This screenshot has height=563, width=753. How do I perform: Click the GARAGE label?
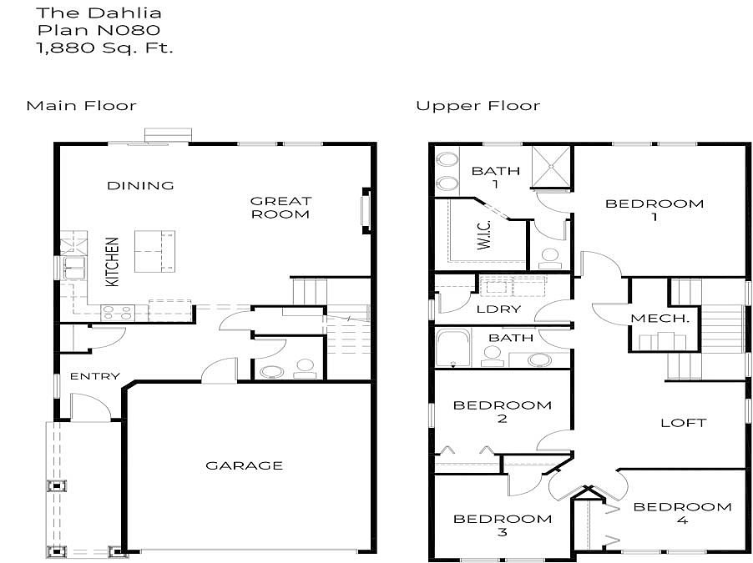click(x=244, y=465)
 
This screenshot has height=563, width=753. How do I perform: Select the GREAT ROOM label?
click(x=281, y=208)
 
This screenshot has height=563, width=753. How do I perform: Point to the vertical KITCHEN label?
click(x=112, y=262)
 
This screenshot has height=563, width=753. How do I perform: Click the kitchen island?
click(x=154, y=252)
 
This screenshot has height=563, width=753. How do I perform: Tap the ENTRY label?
click(x=94, y=376)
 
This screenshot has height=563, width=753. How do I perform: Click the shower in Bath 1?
click(x=551, y=167)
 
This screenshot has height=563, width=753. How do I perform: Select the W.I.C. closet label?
click(x=484, y=234)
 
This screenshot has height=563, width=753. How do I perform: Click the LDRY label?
click(x=498, y=309)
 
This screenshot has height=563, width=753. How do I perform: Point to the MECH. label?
click(x=660, y=318)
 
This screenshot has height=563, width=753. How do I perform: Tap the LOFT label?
click(x=684, y=423)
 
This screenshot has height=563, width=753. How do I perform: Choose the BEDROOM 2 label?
click(x=503, y=411)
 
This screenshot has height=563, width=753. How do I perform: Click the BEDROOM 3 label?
click(x=503, y=525)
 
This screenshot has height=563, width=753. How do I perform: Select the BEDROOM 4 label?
click(x=682, y=513)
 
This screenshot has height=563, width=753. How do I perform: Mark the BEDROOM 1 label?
click(x=654, y=209)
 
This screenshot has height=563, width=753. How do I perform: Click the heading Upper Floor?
click(x=478, y=106)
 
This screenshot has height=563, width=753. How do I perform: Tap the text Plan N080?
click(x=99, y=30)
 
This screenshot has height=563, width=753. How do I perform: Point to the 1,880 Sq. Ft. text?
click(x=104, y=48)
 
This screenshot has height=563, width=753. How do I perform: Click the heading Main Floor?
click(x=82, y=106)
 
